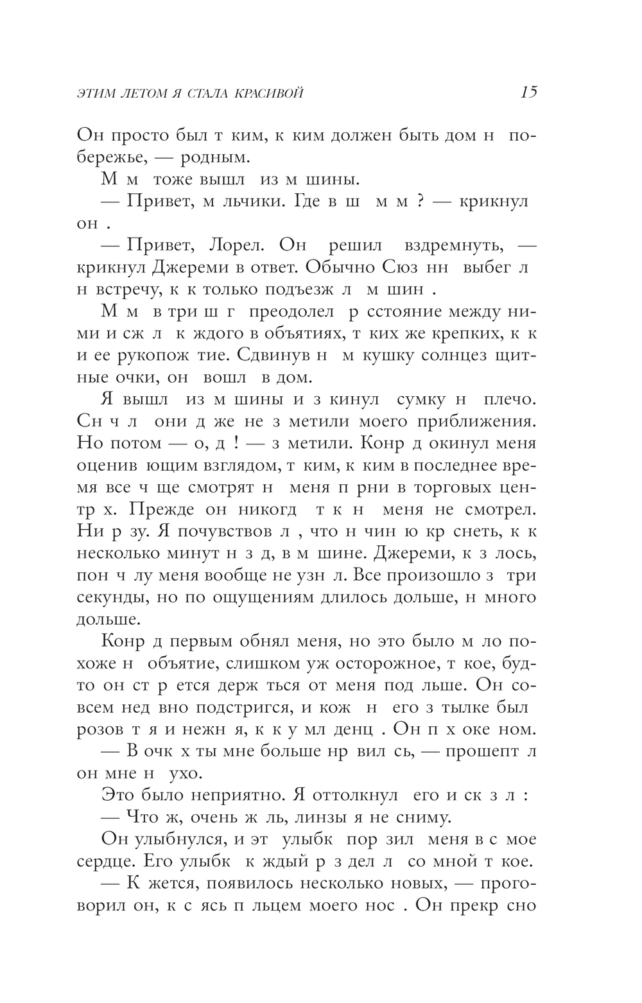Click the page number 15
(x=528, y=92)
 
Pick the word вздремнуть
(x=455, y=245)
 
